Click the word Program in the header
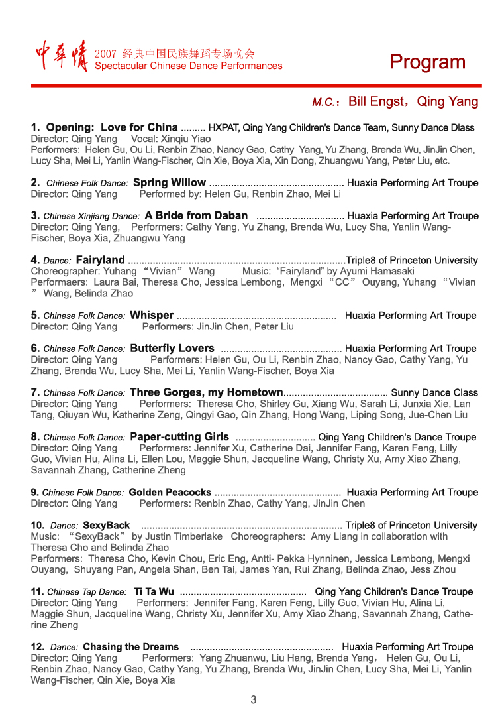point(427,62)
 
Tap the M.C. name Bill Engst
point(376,101)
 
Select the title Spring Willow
point(170,182)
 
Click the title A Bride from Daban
point(196,215)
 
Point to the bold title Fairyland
point(100,260)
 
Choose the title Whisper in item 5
point(152,315)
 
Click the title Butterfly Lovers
point(172,348)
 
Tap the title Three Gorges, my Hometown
point(207,392)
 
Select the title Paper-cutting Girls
point(179,437)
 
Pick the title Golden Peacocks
point(170,492)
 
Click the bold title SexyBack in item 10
point(107,525)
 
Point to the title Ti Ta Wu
point(154,591)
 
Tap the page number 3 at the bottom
point(253,699)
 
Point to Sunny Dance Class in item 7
point(434,392)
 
